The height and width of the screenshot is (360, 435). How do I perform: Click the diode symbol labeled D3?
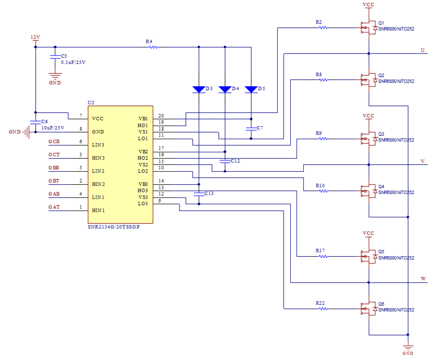(198, 89)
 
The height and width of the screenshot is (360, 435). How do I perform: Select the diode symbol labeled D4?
(225, 89)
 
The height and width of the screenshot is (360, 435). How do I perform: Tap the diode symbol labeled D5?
(251, 89)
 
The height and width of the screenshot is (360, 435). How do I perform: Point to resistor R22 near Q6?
(323, 309)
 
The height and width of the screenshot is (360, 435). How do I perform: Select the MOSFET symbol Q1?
(366, 28)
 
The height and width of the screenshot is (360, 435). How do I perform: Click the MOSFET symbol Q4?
(366, 191)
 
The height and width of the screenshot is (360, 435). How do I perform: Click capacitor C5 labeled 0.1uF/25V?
(55, 57)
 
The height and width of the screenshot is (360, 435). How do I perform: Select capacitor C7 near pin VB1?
(251, 128)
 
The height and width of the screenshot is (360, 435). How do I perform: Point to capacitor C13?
(198, 194)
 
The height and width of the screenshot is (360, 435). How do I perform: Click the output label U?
(422, 50)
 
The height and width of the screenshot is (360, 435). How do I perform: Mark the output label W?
(423, 278)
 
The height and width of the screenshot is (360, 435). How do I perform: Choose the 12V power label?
(35, 37)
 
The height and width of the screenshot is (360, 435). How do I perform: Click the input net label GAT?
(54, 207)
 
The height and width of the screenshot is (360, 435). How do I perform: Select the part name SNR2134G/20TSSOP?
(114, 226)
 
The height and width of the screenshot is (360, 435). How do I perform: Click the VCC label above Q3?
(368, 116)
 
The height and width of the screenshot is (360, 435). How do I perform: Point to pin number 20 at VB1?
(161, 116)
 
